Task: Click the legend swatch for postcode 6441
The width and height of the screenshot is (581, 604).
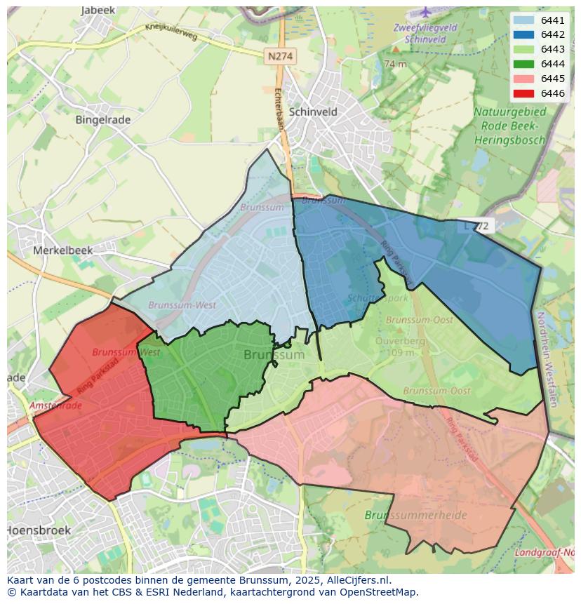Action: [x=523, y=20]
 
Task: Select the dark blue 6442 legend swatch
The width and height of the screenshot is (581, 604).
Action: [x=523, y=34]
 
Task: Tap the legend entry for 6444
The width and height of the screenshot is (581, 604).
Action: [x=523, y=64]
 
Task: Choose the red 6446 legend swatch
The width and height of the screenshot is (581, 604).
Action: [x=523, y=93]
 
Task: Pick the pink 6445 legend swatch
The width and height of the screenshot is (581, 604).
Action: [x=523, y=79]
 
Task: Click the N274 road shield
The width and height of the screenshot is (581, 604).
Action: [x=281, y=56]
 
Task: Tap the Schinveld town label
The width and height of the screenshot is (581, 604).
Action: [x=313, y=112]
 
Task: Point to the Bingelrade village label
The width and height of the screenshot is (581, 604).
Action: [x=102, y=119]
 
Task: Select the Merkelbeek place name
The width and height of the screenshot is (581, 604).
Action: [x=63, y=250]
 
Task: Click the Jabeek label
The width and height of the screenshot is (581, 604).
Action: [x=98, y=11]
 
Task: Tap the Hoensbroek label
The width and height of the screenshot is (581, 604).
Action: [x=39, y=530]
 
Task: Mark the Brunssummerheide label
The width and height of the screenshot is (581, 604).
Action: [x=415, y=515]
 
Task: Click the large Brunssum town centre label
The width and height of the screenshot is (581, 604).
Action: [x=274, y=355]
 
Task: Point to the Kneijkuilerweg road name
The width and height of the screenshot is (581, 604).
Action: [x=172, y=32]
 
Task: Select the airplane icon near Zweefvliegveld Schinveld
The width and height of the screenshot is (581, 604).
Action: [x=426, y=12]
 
